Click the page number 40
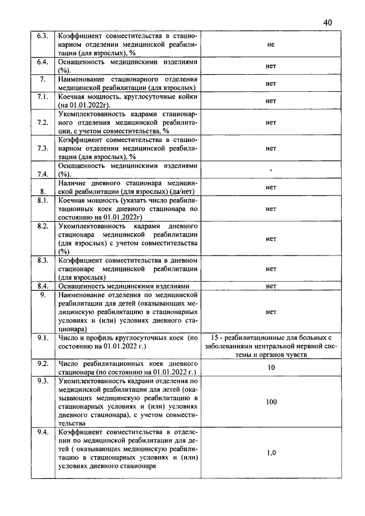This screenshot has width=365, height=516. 327,22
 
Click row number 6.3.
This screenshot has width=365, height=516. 42,36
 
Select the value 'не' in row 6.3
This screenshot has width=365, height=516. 270,44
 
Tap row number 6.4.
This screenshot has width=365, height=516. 42,61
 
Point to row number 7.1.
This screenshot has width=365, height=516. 42,97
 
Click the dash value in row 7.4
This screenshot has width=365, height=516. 271,170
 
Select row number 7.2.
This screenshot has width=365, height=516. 42,122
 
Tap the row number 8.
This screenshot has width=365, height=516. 42,192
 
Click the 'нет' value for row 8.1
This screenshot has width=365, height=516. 271,209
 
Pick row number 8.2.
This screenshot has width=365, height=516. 42,226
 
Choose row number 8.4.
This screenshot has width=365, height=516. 42,286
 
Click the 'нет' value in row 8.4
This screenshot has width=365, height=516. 271,286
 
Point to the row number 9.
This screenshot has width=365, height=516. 42,295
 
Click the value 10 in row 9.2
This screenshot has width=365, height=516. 271,368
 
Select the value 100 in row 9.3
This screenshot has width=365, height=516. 271,402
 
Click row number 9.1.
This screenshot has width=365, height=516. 42,338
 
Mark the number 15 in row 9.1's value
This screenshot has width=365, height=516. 215,338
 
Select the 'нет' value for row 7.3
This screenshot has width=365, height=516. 271,148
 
